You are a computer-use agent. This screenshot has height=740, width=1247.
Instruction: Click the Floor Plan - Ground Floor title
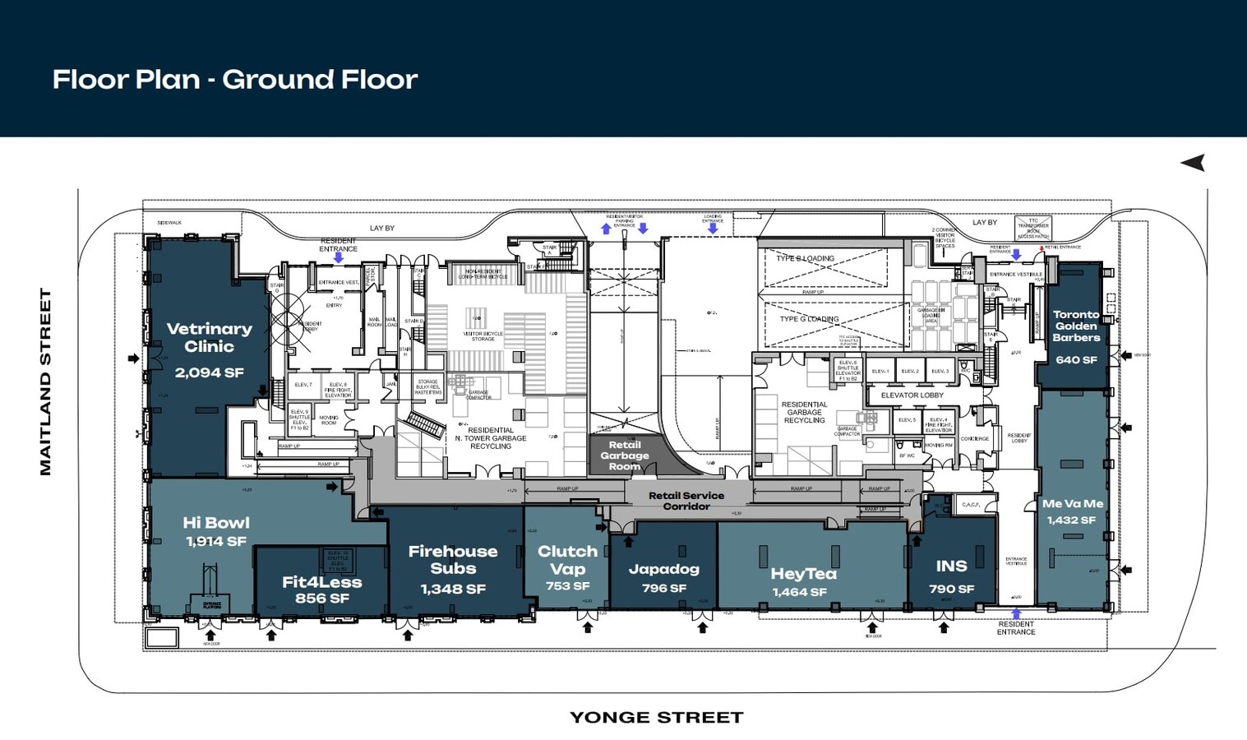click(x=235, y=80)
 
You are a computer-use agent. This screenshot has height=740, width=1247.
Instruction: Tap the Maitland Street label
click(x=46, y=382)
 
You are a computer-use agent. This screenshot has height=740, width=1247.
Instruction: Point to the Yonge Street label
click(x=656, y=718)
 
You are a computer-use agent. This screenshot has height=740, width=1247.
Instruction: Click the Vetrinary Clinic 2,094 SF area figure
click(x=209, y=372)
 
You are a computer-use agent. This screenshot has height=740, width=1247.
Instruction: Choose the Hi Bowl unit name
click(x=216, y=523)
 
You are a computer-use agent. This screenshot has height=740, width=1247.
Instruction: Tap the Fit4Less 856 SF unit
click(x=321, y=590)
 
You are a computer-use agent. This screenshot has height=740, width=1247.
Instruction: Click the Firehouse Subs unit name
click(x=453, y=559)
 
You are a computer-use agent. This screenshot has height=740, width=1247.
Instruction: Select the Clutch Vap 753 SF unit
click(x=567, y=567)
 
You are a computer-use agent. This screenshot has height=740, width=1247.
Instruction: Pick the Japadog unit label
click(x=663, y=569)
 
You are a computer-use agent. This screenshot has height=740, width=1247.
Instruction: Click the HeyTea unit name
click(x=803, y=574)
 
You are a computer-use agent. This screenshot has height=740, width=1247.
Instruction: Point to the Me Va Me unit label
click(x=1072, y=504)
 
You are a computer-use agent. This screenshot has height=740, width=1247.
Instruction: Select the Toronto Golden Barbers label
click(x=1076, y=326)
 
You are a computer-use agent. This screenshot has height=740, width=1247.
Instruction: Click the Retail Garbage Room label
click(x=624, y=456)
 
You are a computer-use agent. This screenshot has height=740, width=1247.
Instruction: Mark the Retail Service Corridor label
click(x=686, y=501)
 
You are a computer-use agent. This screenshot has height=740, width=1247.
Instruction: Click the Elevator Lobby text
click(x=912, y=395)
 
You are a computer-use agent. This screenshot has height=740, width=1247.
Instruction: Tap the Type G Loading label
click(x=809, y=319)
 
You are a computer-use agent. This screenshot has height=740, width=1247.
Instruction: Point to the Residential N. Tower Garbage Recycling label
click(x=491, y=437)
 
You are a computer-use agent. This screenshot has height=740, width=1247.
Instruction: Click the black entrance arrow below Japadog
click(x=702, y=627)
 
